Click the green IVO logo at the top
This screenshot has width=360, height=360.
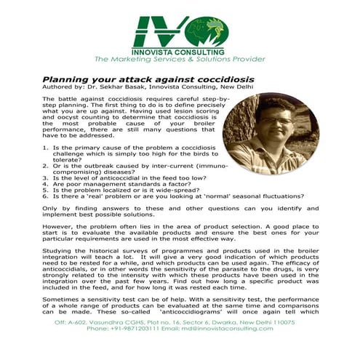click(x=180, y=31)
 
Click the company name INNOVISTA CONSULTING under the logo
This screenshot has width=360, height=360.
click(x=180, y=52)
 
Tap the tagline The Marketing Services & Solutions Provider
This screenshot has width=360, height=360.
click(x=180, y=61)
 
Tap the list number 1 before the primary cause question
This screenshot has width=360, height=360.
click(x=45, y=147)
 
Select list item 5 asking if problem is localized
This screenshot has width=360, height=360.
click(x=116, y=190)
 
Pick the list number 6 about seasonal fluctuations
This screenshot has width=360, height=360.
click(x=45, y=196)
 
